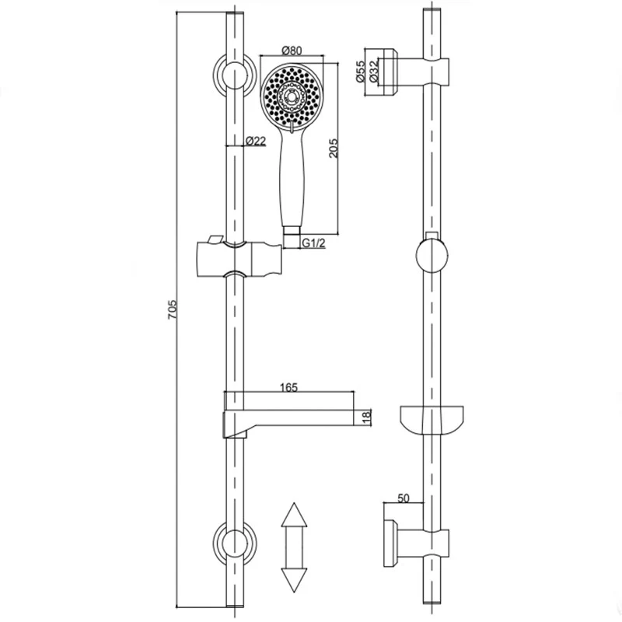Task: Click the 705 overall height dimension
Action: coord(172,309)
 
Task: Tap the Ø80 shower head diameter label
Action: coord(292,51)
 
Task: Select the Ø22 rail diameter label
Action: coord(256,141)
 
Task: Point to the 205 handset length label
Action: coord(334,148)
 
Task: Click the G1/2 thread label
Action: coord(314,243)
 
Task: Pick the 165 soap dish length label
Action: coord(288,387)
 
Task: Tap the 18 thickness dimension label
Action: coord(366,416)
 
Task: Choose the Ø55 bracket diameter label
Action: coord(360,72)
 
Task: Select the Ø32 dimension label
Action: coord(374,72)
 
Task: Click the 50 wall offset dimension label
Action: coord(403,498)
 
